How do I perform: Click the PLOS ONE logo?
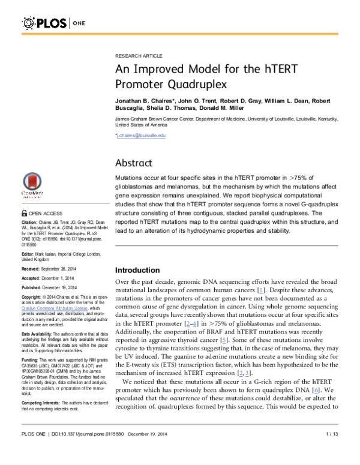50,23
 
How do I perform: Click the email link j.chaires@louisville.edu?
140,136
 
